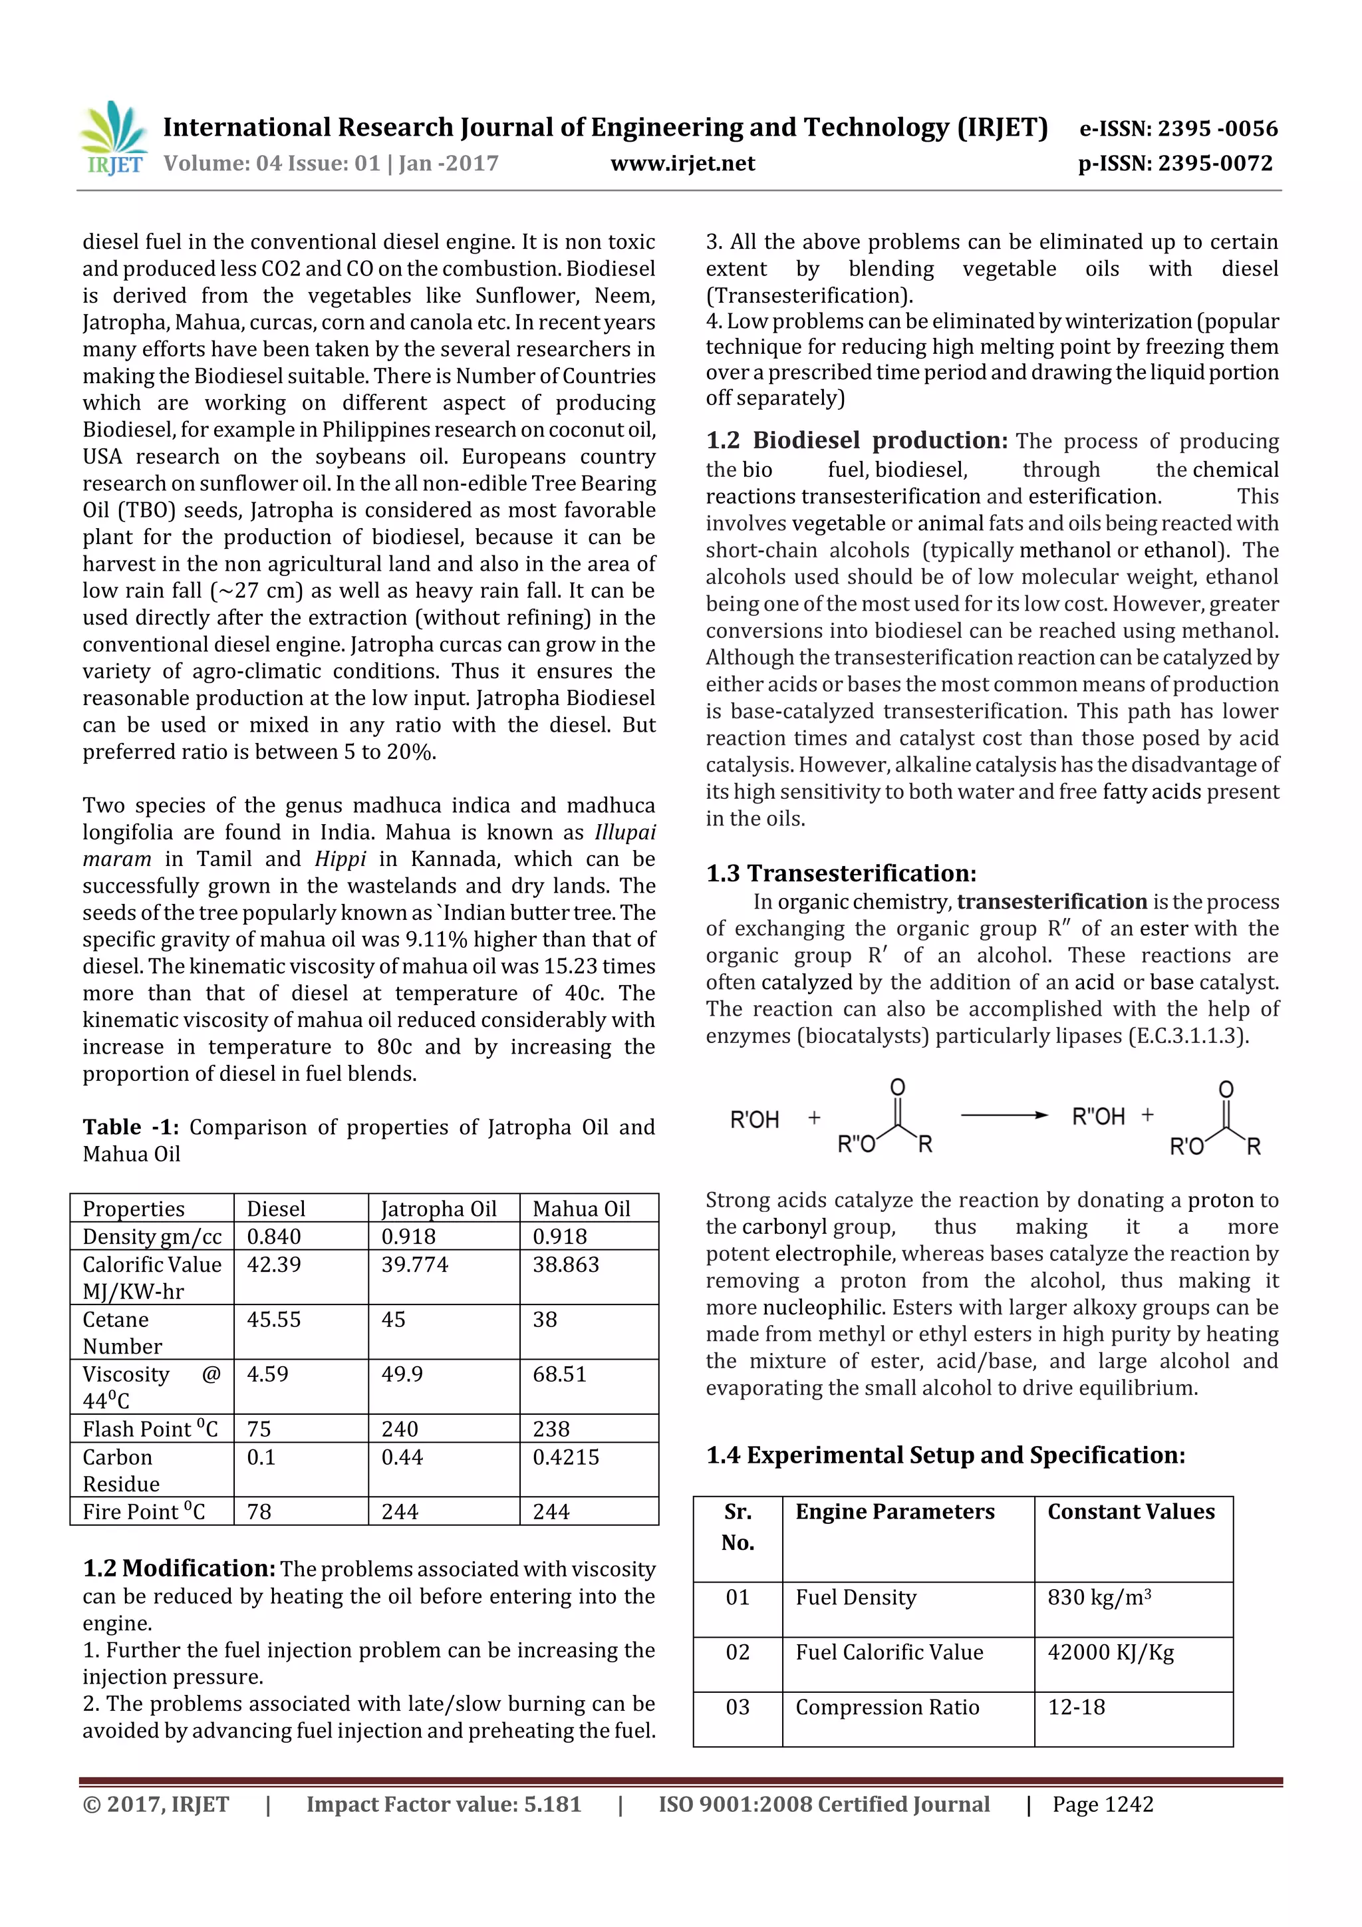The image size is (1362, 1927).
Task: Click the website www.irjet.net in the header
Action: [x=682, y=163]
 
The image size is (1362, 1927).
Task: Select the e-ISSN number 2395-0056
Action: [x=1178, y=128]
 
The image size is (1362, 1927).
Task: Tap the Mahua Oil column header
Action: [x=581, y=1209]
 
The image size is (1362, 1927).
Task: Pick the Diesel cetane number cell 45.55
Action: [x=273, y=1319]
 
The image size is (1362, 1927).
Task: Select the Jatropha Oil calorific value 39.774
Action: [x=414, y=1264]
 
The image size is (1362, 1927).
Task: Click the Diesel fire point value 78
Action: [x=259, y=1511]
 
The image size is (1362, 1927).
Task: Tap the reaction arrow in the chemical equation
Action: [x=1004, y=1115]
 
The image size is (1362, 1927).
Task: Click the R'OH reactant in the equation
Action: [x=754, y=1119]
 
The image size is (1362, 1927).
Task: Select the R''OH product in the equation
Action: [x=1098, y=1117]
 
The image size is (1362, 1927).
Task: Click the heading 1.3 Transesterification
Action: [x=841, y=873]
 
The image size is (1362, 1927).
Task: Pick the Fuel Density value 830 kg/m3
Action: [x=1099, y=1597]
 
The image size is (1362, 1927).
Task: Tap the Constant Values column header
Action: [x=1131, y=1511]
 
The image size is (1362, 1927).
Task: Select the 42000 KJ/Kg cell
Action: [x=1110, y=1652]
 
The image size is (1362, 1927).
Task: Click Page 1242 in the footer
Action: [x=1103, y=1805]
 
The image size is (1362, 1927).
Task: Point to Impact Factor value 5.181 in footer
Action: [x=443, y=1805]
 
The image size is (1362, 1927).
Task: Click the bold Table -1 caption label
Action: [x=130, y=1127]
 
